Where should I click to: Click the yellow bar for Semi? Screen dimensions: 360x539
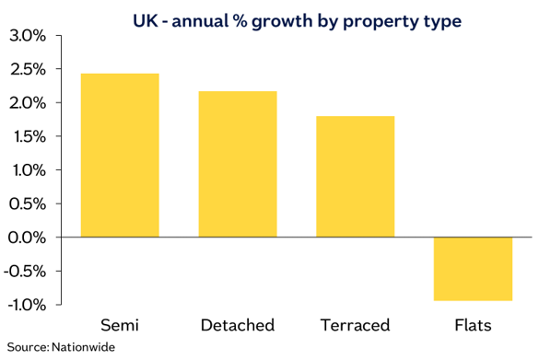click(120, 155)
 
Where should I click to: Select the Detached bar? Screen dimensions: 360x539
click(238, 164)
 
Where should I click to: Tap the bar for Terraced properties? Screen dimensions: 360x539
click(355, 176)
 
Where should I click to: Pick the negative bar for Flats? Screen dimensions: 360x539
click(473, 269)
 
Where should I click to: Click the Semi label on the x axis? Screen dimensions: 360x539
click(120, 325)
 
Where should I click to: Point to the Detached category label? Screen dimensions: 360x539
click(238, 325)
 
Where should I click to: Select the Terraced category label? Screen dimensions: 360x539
click(355, 325)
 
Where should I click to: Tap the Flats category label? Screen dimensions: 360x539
click(473, 325)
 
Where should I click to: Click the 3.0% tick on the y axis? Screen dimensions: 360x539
click(26, 37)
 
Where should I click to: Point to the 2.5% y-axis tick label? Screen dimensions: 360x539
click(26, 70)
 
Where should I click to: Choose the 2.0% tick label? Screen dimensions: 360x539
click(26, 103)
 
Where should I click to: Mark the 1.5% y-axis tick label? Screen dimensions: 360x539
click(26, 137)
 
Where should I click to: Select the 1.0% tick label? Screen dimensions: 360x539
click(26, 170)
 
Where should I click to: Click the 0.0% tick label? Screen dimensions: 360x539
click(26, 238)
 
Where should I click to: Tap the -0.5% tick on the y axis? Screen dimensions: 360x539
click(24, 271)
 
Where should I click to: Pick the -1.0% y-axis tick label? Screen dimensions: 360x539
click(24, 305)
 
